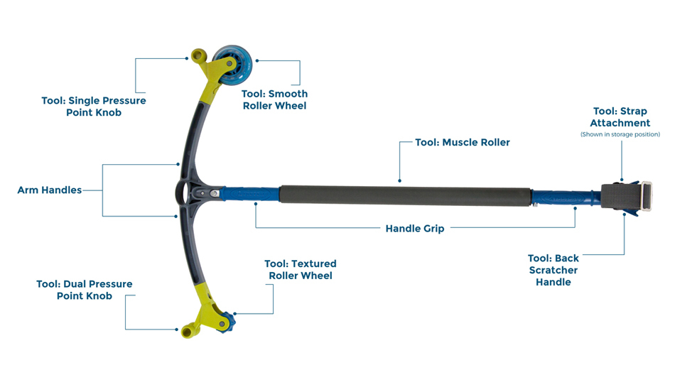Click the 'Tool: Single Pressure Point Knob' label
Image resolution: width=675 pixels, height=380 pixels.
tap(93, 107)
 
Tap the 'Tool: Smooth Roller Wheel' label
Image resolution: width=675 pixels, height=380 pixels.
tap(274, 99)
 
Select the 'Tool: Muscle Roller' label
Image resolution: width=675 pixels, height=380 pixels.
tap(463, 142)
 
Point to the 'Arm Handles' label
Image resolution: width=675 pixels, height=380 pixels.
tap(49, 190)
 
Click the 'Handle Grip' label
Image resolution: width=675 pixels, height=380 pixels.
tap(415, 229)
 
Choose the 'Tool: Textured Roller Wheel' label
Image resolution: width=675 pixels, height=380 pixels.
tap(300, 270)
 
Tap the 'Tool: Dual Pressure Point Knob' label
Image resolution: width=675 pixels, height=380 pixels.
tap(84, 290)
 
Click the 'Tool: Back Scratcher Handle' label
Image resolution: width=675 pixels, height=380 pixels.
tap(553, 270)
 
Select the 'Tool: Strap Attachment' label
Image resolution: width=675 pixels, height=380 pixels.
tap(620, 117)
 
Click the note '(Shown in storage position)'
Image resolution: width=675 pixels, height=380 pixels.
tap(620, 134)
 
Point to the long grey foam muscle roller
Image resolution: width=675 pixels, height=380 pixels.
tap(405, 195)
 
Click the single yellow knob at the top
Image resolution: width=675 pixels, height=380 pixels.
tap(198, 55)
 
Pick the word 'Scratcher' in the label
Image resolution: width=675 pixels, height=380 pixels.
tap(553, 270)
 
